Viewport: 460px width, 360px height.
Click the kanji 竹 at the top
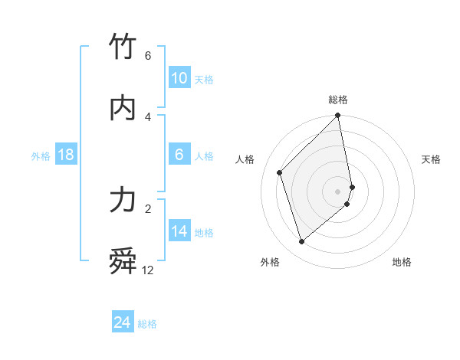pos(123,47)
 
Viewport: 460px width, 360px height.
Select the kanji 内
pos(123,108)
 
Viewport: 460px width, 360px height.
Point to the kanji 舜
pos(123,262)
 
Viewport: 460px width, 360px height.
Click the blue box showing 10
pos(179,78)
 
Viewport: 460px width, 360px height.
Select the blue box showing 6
pos(179,155)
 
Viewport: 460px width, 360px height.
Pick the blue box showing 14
pos(179,231)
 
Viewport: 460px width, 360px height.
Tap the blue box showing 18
pos(66,155)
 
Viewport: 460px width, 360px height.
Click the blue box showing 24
pos(123,323)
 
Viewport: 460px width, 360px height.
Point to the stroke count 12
pos(148,270)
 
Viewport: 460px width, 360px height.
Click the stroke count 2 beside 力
pos(148,208)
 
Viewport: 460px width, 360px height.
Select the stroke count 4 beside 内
pos(148,116)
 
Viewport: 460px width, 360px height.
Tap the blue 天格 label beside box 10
pos(204,80)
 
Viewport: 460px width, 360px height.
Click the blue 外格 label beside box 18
pos(41,156)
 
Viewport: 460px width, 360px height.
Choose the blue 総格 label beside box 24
pos(147,325)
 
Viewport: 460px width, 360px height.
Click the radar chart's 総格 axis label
pos(338,100)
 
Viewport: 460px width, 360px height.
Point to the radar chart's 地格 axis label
pos(402,262)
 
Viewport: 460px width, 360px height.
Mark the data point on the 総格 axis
pos(338,116)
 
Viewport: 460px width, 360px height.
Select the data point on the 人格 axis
pos(280,172)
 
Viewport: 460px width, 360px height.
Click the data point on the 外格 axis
pos(302,241)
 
